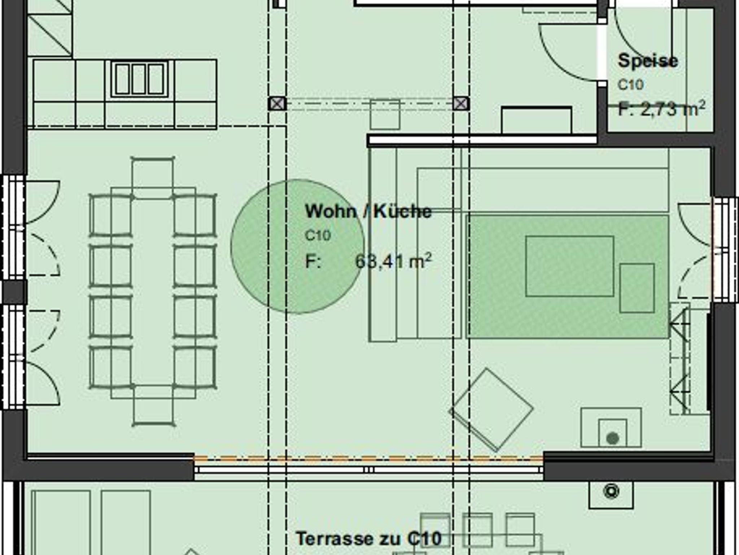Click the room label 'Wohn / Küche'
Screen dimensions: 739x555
tap(368, 211)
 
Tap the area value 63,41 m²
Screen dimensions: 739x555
tap(393, 261)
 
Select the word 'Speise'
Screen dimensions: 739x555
tap(648, 61)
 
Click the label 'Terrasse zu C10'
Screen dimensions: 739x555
tap(368, 539)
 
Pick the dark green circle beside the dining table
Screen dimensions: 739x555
tap(297, 246)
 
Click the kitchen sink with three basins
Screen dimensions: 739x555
tap(139, 79)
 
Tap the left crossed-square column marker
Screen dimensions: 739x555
tap(277, 104)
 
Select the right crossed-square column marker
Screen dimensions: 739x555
tap(461, 104)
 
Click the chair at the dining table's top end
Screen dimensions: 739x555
tap(153, 178)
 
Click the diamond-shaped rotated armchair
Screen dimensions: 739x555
tap(491, 410)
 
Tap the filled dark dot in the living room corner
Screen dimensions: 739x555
tap(613, 438)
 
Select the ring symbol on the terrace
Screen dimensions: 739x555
tap(611, 491)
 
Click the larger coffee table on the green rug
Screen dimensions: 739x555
tap(569, 266)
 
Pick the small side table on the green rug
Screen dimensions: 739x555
tap(637, 288)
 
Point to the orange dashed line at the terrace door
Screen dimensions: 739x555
tap(368, 459)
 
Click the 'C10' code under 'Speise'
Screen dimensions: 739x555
tap(630, 85)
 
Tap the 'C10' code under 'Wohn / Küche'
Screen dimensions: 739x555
tap(318, 236)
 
